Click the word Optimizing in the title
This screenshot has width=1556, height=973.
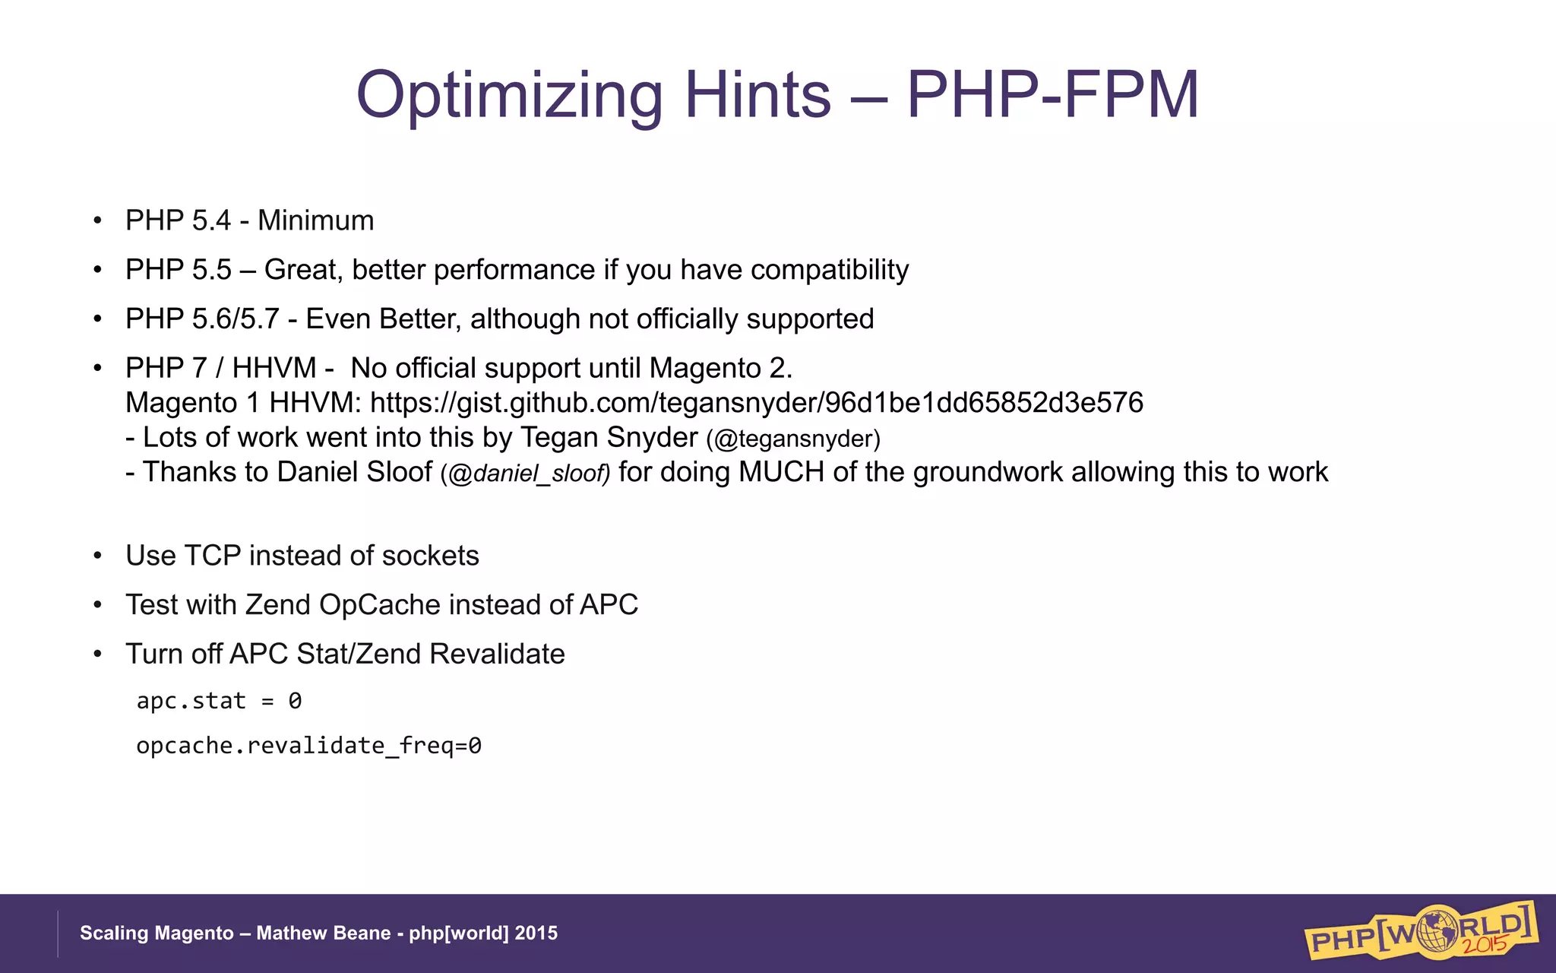click(509, 96)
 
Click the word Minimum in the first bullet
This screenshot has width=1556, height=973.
click(315, 220)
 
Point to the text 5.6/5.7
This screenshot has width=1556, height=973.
click(236, 319)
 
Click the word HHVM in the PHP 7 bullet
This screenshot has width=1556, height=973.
click(274, 369)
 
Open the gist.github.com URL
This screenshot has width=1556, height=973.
click(756, 403)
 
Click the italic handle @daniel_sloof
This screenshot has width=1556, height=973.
click(525, 474)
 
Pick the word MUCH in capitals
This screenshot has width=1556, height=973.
click(781, 472)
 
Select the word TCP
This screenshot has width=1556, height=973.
click(213, 556)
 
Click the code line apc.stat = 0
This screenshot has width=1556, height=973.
click(219, 701)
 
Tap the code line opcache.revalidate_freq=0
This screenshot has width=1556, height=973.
click(308, 746)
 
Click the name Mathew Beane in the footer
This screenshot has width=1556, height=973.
click(323, 933)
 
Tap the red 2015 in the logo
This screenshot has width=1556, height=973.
click(1485, 945)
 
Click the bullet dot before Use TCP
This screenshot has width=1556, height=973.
click(97, 556)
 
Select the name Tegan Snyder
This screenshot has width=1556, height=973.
click(609, 438)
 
